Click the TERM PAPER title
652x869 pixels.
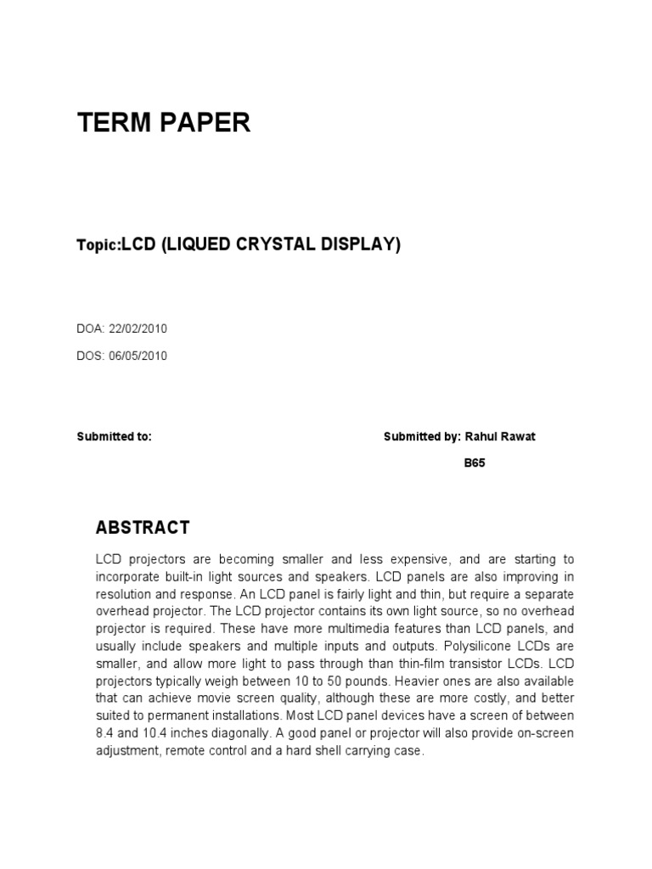pyautogui.click(x=164, y=123)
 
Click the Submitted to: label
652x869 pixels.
pyautogui.click(x=114, y=436)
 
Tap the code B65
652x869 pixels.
pyautogui.click(x=475, y=463)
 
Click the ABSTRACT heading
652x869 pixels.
pyautogui.click(x=143, y=528)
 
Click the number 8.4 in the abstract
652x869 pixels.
pyautogui.click(x=105, y=734)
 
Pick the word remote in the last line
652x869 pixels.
pyautogui.click(x=192, y=752)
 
